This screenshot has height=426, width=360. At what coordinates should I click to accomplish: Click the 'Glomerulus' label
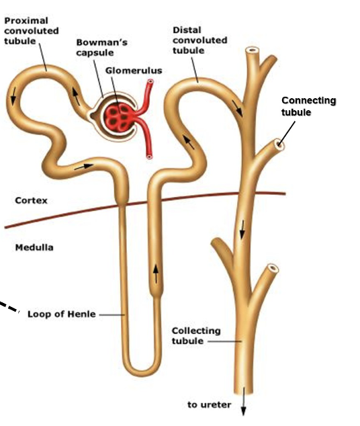134,71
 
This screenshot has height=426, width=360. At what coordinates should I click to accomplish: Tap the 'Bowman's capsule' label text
101,47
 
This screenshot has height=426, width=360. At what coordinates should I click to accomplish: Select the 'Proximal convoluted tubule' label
32,31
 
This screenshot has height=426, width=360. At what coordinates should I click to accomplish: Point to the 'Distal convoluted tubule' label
200,40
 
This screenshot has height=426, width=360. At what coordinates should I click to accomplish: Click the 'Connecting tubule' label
309,106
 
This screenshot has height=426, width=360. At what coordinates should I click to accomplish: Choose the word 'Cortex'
31,200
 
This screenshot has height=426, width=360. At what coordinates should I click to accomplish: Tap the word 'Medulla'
34,247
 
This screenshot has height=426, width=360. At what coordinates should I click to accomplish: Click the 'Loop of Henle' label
62,314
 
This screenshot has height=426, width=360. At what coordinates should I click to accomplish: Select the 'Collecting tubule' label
196,336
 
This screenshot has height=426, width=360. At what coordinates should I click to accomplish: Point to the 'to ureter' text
210,404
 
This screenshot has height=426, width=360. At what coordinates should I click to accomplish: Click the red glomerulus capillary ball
120,116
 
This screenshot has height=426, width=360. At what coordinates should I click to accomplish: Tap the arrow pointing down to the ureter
244,402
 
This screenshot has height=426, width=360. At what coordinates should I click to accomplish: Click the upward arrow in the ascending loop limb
156,274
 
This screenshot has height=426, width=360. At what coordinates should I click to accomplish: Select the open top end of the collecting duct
253,50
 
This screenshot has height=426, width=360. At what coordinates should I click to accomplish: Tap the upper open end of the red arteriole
150,81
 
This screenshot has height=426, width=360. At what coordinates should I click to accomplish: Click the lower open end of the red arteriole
149,157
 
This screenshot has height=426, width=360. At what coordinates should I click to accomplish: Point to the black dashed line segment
9,306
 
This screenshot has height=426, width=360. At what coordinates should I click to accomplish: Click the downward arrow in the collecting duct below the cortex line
242,230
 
